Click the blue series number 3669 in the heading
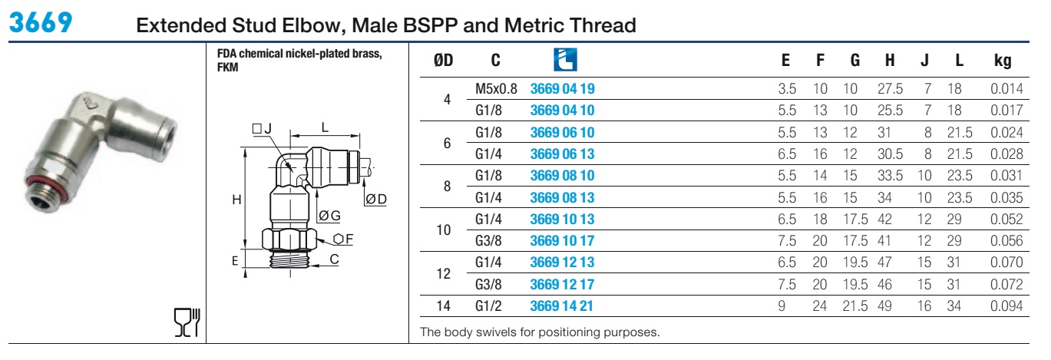pos(41,22)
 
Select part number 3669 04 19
pos(562,89)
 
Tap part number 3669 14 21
pos(562,306)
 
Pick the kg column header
pos(1003,61)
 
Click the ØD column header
pos(444,60)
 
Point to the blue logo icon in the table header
pos(565,60)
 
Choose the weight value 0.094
pos(1006,306)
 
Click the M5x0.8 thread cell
pos(496,89)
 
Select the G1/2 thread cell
pos(488,306)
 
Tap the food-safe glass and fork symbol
pos(187,322)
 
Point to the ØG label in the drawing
pos(329,216)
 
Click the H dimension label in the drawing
pos(236,200)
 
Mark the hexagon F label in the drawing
pos(343,239)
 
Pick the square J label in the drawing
pos(262,129)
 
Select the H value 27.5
pos(890,89)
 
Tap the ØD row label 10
pos(444,230)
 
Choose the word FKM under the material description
pos(227,68)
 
